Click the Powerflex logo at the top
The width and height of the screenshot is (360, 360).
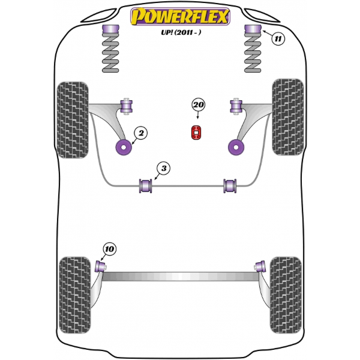(x=180, y=17)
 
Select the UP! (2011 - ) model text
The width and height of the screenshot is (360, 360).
(x=181, y=32)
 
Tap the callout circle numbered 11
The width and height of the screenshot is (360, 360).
(x=278, y=38)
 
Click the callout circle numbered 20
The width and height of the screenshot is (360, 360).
(x=199, y=105)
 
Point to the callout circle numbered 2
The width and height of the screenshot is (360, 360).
(x=141, y=133)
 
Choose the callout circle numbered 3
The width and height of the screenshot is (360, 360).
(x=164, y=168)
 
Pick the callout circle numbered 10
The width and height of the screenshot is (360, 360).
(x=110, y=249)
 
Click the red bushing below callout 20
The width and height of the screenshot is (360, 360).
(x=196, y=132)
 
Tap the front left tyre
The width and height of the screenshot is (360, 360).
(x=73, y=120)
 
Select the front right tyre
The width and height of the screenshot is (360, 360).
(x=287, y=117)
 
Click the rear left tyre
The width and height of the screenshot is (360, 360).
(x=75, y=295)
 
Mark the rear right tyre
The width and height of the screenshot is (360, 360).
(x=286, y=295)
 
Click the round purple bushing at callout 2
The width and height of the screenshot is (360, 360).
(x=124, y=147)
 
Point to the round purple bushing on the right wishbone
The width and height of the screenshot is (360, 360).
(x=236, y=147)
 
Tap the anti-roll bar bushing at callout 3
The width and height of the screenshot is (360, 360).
(x=146, y=186)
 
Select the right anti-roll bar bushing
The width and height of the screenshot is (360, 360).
(x=230, y=186)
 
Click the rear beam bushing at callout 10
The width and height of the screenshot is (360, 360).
(x=100, y=266)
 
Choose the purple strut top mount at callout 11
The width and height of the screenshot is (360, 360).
(x=253, y=29)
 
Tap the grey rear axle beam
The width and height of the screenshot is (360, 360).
(x=181, y=277)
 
